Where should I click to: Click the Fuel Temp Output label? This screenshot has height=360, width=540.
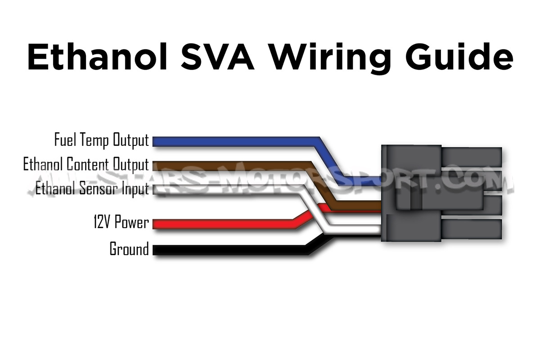tap(101, 140)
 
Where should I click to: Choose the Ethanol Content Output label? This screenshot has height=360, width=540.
tap(85, 164)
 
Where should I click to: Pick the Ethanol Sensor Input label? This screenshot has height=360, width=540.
tap(92, 188)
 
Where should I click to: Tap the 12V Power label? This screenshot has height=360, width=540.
tap(121, 222)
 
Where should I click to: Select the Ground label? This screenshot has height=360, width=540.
tap(129, 249)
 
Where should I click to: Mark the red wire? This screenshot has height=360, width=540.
tap(225, 224)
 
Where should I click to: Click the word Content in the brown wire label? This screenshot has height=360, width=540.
tap(86, 164)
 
